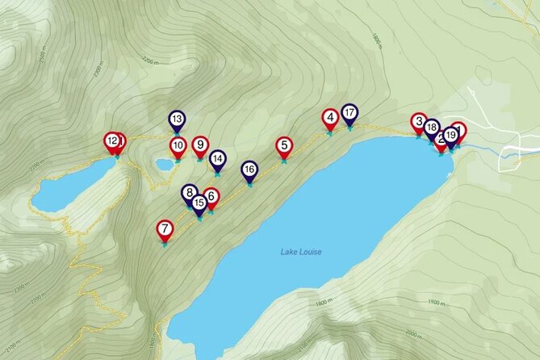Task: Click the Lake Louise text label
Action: pos(301,253)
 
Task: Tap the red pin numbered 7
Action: pos(165,230)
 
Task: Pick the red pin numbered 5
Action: pos(283,147)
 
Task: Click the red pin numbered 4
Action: pos(329,119)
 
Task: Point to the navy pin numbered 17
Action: pos(350,114)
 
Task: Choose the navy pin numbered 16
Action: pos(249,170)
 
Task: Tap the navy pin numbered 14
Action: pos(217,159)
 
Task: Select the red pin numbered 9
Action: pos(200,145)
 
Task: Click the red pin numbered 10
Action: pos(178,147)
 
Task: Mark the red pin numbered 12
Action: pos(112,142)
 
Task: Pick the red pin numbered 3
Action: pos(418,123)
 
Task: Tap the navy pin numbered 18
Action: pos(432,128)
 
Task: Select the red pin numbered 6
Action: pos(211,196)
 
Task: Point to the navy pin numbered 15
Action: pos(199,203)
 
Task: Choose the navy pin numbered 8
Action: pos(190,194)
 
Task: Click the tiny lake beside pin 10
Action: pos(165,164)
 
